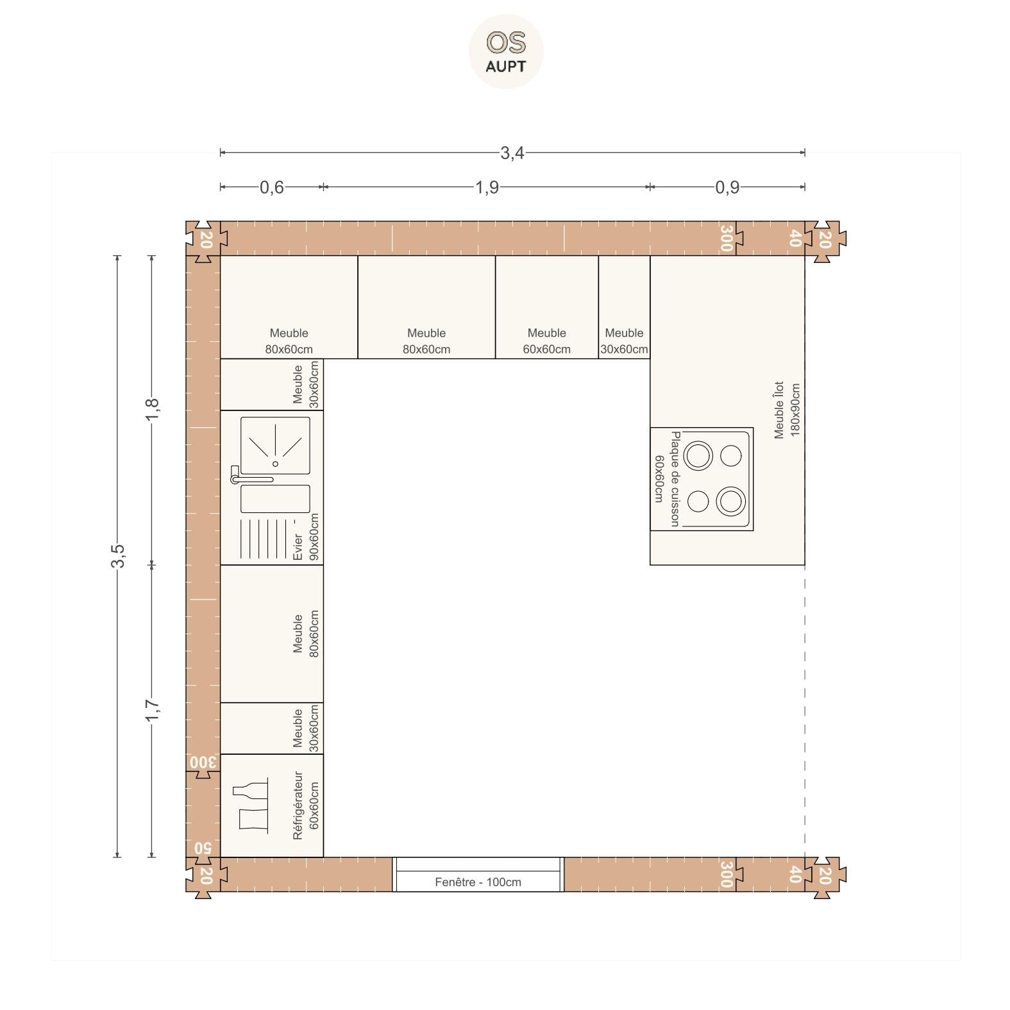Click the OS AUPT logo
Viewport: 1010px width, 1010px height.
click(506, 51)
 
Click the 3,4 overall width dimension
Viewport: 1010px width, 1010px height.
click(512, 153)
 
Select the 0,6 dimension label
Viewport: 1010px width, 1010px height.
click(271, 187)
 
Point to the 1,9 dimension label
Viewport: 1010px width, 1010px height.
click(487, 187)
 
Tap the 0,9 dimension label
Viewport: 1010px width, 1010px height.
click(727, 187)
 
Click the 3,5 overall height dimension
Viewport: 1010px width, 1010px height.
click(117, 555)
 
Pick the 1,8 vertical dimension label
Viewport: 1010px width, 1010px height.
click(152, 410)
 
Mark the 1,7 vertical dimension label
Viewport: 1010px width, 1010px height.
click(152, 710)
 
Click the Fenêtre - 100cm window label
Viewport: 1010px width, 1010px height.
click(478, 882)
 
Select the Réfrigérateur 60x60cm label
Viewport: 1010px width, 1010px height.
click(305, 805)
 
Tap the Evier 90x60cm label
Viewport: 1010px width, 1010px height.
click(305, 537)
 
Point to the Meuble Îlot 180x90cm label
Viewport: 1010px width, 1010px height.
click(787, 410)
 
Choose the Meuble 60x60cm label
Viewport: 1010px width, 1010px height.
click(546, 341)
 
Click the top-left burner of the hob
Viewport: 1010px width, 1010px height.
click(698, 456)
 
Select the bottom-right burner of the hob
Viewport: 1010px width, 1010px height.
click(730, 501)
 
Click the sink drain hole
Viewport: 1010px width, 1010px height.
click(276, 464)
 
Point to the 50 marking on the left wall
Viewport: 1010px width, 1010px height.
click(203, 848)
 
